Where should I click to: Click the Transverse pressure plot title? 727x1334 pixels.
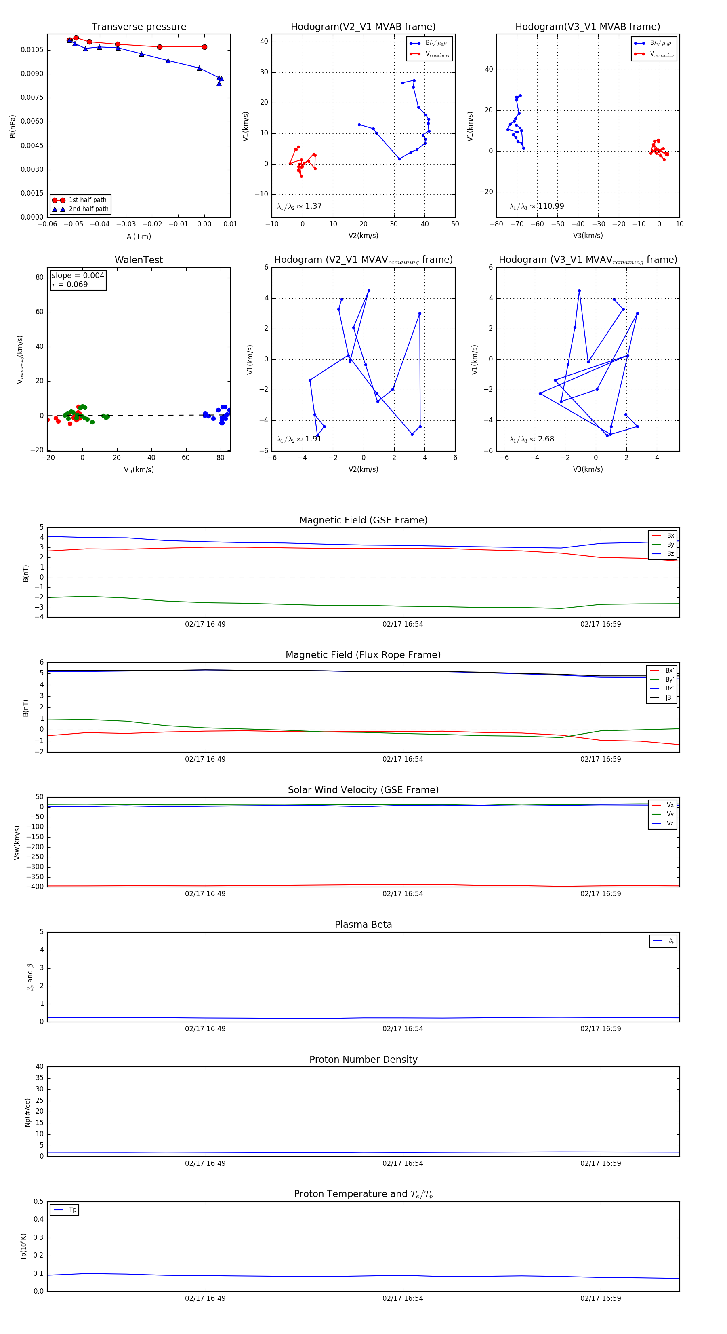[x=139, y=27]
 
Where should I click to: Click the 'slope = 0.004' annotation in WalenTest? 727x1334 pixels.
[x=78, y=276]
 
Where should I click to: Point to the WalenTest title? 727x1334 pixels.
[x=139, y=260]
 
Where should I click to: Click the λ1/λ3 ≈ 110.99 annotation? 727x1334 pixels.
[x=537, y=206]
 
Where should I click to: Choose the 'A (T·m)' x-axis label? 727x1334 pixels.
[x=139, y=236]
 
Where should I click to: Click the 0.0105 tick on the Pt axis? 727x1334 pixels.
[x=32, y=50]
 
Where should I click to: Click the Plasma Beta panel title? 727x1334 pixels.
[x=363, y=925]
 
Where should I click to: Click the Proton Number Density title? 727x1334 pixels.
[x=363, y=1060]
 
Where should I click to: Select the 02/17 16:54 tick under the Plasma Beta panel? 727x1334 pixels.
[x=403, y=1028]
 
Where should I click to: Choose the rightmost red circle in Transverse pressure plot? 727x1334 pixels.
[x=204, y=47]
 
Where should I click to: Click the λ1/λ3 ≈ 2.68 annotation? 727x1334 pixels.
[x=532, y=439]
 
